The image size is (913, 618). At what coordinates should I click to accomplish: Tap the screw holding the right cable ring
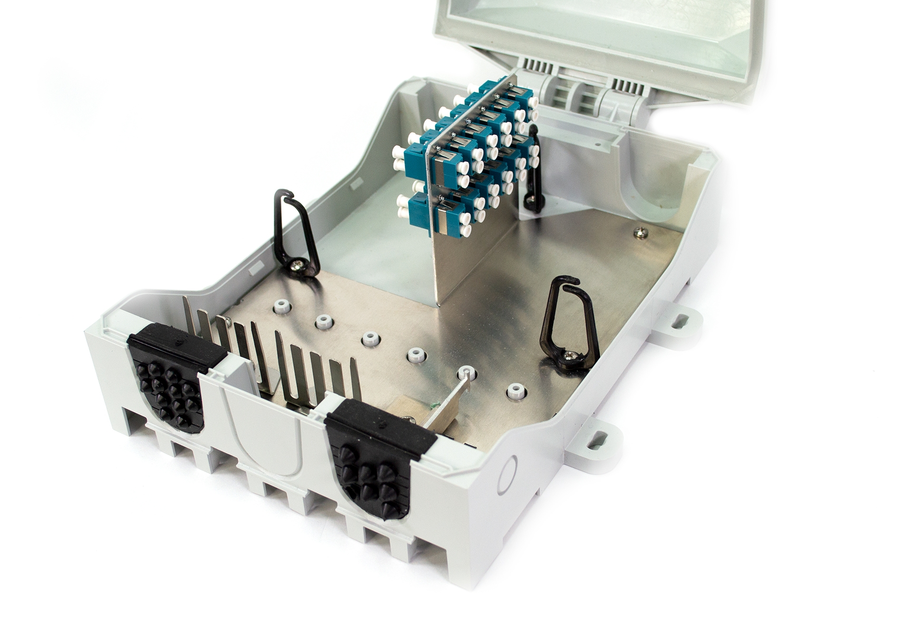point(568,354)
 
